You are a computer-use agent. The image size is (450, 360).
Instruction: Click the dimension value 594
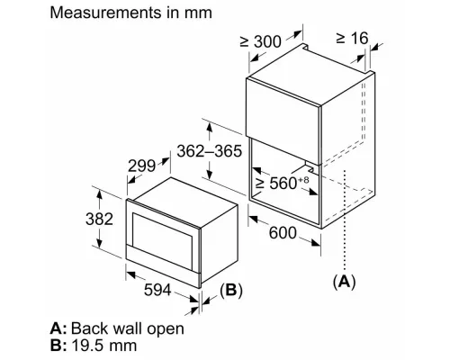pyautogui.click(x=157, y=290)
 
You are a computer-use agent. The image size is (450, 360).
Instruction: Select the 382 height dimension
pyautogui.click(x=99, y=219)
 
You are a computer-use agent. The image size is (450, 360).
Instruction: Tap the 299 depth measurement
pyautogui.click(x=141, y=166)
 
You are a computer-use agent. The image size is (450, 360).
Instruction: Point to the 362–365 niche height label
pyautogui.click(x=209, y=151)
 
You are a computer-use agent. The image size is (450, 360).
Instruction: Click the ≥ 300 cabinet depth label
pyautogui.click(x=261, y=41)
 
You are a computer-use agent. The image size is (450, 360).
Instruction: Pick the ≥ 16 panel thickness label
pyautogui.click(x=352, y=38)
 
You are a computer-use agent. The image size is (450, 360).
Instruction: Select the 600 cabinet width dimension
pyautogui.click(x=283, y=233)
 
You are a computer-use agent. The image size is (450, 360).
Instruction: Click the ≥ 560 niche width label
pyautogui.click(x=276, y=183)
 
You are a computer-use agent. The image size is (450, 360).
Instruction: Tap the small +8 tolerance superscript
pyautogui.click(x=303, y=180)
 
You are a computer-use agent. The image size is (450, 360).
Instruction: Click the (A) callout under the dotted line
pyautogui.click(x=344, y=282)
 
